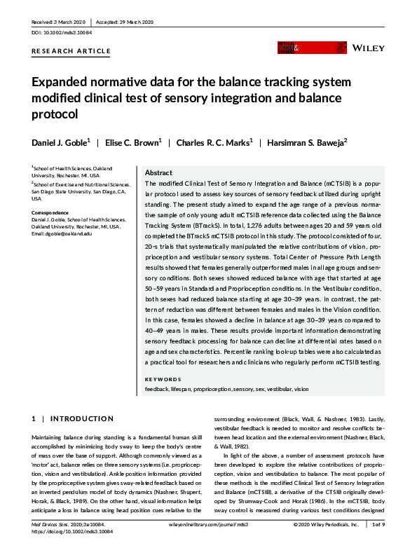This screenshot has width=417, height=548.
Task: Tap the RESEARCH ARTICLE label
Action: (x=71, y=51)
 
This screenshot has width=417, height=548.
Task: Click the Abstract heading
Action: (x=158, y=172)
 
